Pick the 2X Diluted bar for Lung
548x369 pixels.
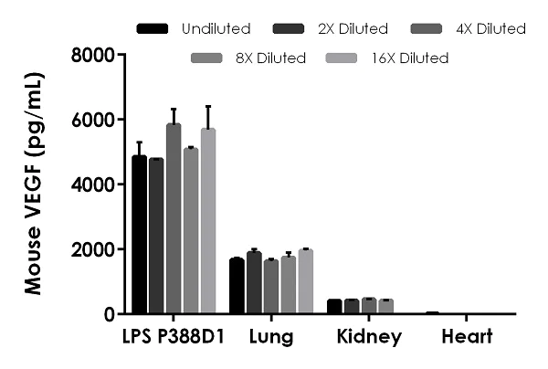pos(254,283)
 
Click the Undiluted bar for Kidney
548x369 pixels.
pos(334,306)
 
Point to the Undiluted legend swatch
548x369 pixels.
pos(153,29)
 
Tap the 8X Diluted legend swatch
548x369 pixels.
pos(208,58)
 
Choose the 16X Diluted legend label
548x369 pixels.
pos(411,58)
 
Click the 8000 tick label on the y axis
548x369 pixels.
pos(93,55)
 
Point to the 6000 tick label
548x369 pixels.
pos(93,120)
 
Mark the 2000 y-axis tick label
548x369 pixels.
pos(93,249)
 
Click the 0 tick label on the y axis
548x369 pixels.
pos(108,314)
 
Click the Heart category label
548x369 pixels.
pos(468,338)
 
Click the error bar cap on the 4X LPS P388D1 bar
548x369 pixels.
pos(174,109)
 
